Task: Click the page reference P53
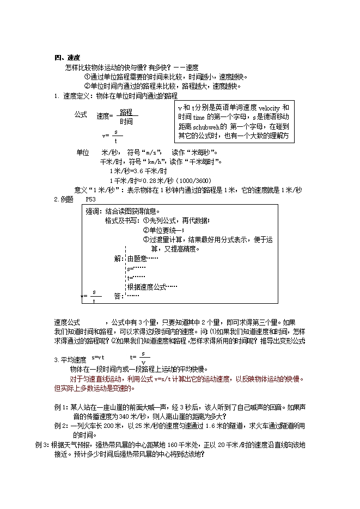pos(91,199)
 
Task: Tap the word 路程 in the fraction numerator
pos(126,112)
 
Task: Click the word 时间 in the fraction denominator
pos(126,122)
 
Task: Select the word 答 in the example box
pos(118,296)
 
